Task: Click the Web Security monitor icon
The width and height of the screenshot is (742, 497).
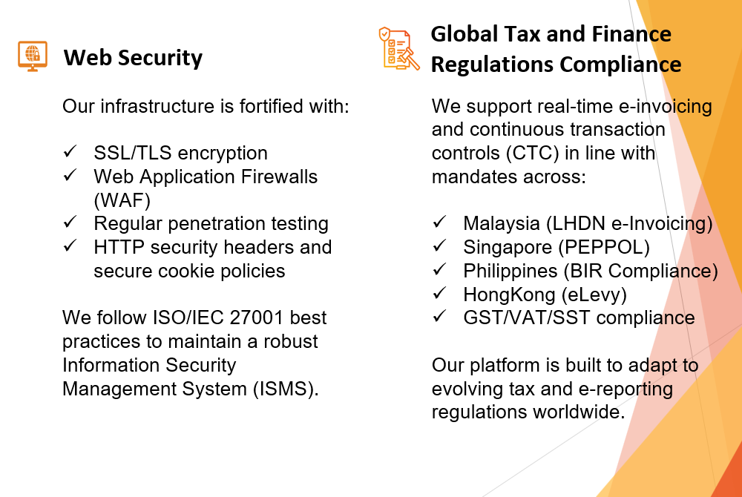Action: click(x=33, y=56)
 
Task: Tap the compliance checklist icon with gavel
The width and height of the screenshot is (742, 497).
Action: click(x=399, y=48)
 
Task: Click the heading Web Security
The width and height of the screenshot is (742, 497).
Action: click(x=133, y=58)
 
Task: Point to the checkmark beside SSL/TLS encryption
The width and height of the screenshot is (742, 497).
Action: click(x=70, y=151)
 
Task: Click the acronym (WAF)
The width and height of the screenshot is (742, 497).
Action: click(x=122, y=200)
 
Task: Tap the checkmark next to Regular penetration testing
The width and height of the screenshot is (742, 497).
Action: click(x=70, y=221)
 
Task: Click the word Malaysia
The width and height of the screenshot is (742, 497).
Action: click(x=502, y=224)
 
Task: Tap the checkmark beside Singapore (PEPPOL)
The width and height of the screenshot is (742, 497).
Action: click(x=439, y=245)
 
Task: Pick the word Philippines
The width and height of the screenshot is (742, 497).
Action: click(x=510, y=271)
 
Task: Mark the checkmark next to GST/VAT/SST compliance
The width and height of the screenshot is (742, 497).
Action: click(x=439, y=315)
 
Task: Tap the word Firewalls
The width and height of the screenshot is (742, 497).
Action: click(x=279, y=177)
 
